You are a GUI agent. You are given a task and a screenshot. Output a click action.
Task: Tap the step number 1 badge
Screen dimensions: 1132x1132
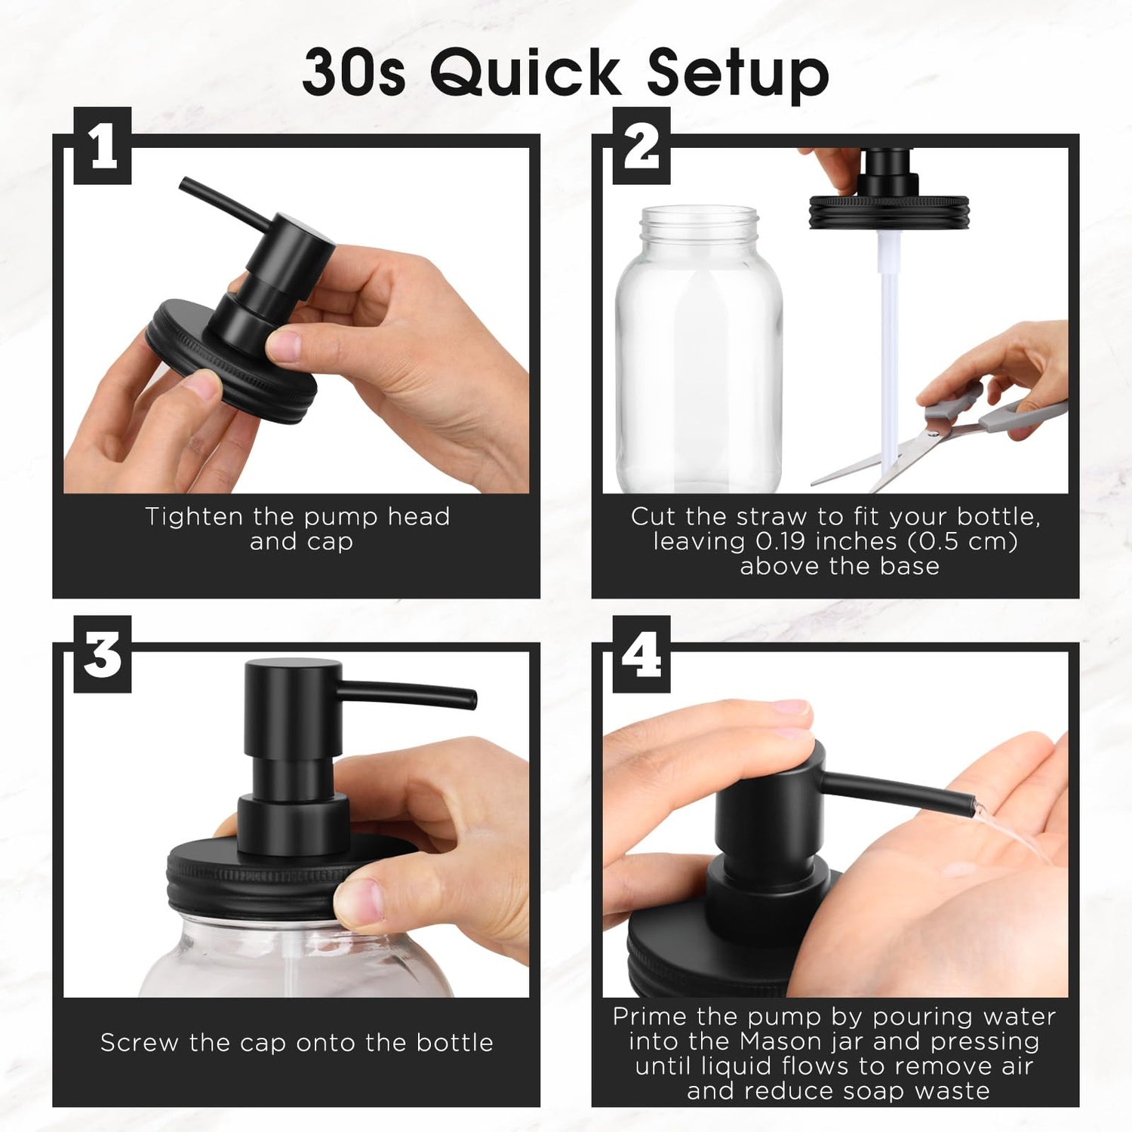(103, 146)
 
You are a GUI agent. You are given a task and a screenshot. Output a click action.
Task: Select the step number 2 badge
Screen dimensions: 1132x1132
(641, 146)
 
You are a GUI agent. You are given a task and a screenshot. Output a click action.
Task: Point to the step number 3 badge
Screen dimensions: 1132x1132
(103, 654)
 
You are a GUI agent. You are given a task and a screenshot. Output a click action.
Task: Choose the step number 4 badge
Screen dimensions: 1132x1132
(641, 654)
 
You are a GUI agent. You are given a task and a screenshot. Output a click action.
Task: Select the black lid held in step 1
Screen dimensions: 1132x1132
(231, 362)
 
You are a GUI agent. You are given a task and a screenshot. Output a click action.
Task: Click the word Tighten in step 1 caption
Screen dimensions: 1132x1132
(194, 517)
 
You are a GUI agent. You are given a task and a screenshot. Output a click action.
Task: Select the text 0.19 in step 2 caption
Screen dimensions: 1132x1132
(781, 542)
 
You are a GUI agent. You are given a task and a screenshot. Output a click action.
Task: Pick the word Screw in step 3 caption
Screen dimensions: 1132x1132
(140, 1043)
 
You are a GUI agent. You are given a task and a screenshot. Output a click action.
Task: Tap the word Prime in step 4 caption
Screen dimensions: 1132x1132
(650, 1017)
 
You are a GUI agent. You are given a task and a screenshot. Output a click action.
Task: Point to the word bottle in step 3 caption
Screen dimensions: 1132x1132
(454, 1043)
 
